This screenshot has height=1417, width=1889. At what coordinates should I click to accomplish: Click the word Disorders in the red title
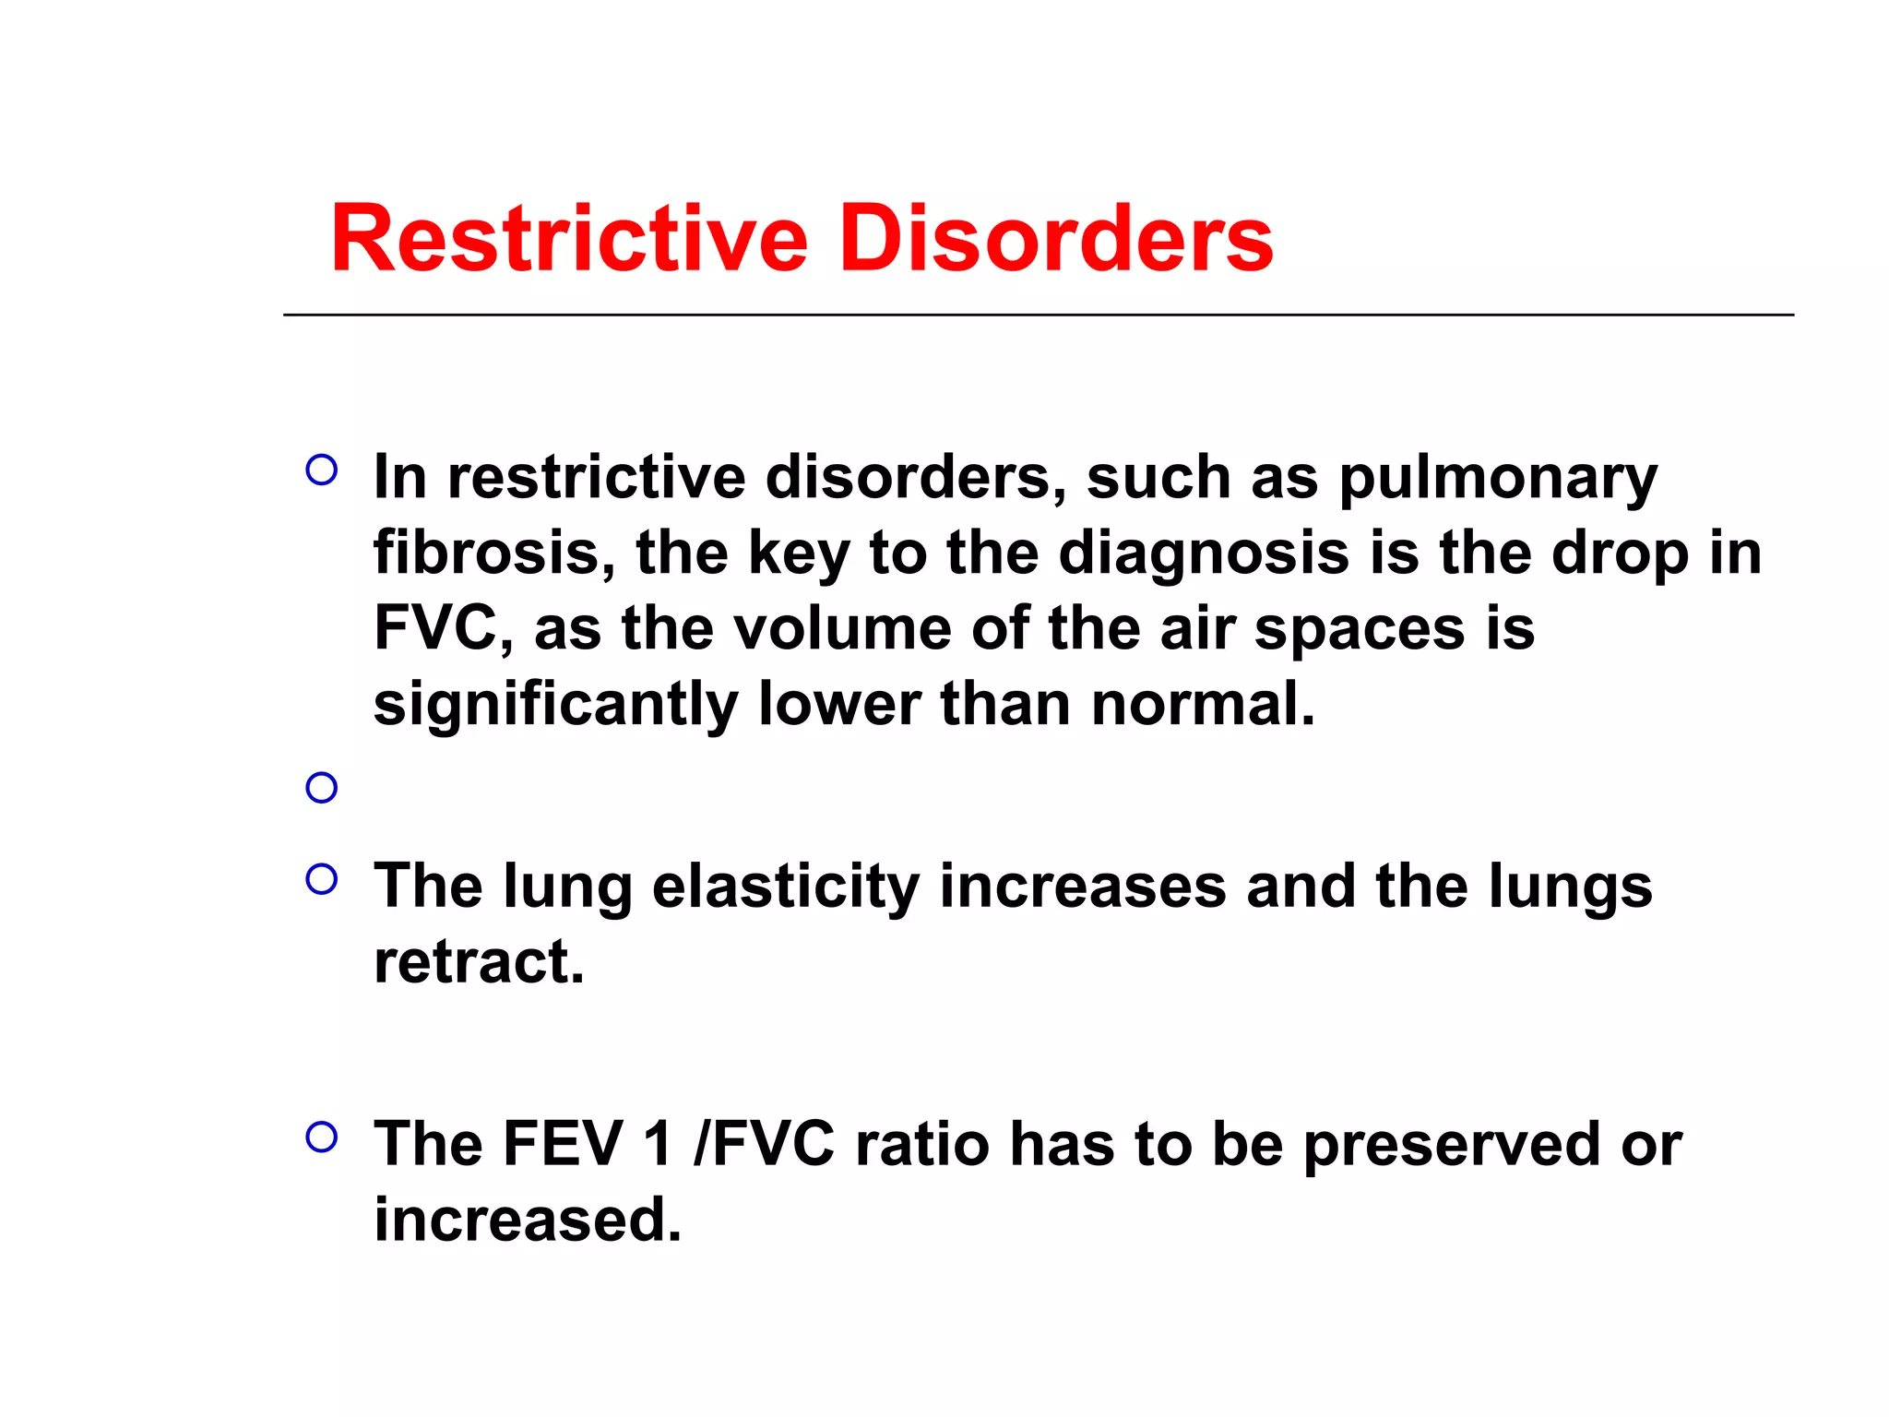point(1055,239)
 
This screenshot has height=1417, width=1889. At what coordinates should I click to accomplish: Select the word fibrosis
point(493,554)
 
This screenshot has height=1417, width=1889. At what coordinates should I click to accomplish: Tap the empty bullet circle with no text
point(321,788)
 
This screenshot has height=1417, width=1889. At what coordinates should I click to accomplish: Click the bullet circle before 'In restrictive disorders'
point(321,470)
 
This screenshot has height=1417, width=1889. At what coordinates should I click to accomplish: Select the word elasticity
point(785,887)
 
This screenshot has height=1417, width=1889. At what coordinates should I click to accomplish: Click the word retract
point(479,962)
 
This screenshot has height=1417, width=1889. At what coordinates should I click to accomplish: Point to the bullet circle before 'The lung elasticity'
point(321,879)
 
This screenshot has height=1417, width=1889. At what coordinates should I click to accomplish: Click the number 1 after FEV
point(658,1144)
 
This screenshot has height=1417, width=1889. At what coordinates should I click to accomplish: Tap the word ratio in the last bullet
point(921,1144)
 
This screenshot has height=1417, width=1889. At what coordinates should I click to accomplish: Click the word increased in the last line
point(527,1221)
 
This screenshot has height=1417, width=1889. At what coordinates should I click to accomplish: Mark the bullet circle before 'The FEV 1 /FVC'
point(321,1137)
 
